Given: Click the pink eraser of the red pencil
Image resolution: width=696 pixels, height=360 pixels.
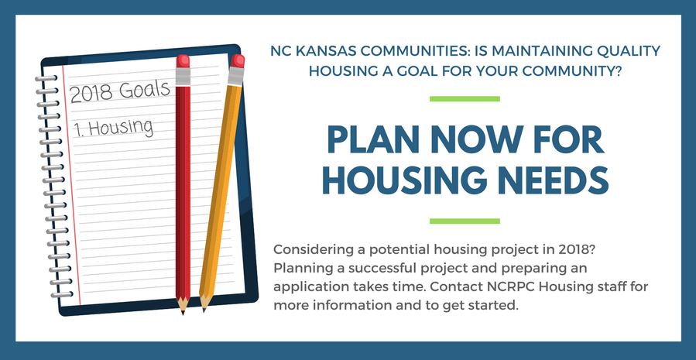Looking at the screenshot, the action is pyautogui.click(x=183, y=61).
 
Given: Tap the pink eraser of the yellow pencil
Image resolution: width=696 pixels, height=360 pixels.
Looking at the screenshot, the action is pyautogui.click(x=238, y=61).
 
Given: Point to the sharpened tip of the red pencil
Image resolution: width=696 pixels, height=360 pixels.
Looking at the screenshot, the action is pyautogui.click(x=183, y=313).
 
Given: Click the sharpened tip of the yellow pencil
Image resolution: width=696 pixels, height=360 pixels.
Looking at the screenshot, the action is pyautogui.click(x=204, y=310).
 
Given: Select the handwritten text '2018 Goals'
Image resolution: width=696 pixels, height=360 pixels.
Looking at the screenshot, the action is pyautogui.click(x=120, y=91).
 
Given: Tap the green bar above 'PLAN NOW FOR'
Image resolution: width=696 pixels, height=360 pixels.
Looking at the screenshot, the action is pyautogui.click(x=465, y=98).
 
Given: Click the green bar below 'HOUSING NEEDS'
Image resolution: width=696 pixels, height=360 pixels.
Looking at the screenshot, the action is pyautogui.click(x=465, y=221).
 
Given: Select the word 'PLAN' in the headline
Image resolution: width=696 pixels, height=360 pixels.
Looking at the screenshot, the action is pyautogui.click(x=373, y=140).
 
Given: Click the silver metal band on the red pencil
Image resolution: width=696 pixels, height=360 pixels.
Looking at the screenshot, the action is pyautogui.click(x=183, y=76).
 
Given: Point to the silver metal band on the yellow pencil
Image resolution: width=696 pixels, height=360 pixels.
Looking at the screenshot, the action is pyautogui.click(x=235, y=76).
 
